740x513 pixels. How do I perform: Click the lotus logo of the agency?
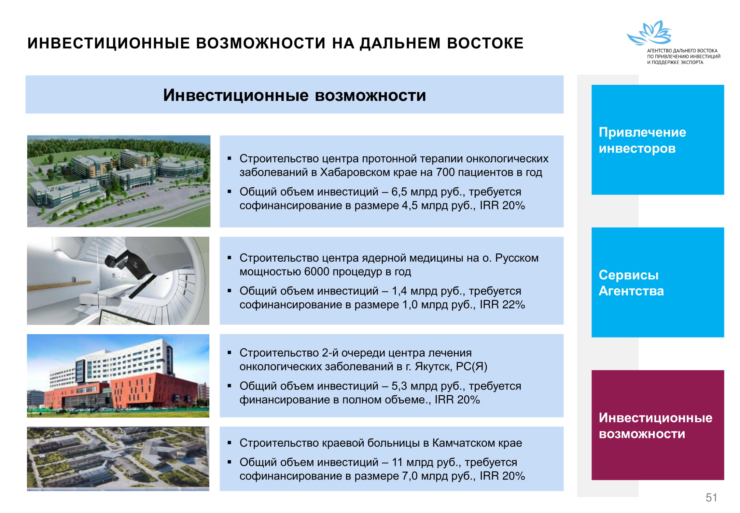point(649,33)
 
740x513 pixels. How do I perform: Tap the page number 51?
point(711,497)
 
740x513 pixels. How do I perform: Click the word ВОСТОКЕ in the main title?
point(485,43)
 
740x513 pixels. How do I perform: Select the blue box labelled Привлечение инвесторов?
point(658,140)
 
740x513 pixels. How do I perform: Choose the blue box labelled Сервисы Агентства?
point(658,282)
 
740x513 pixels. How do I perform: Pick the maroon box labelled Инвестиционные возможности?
point(658,425)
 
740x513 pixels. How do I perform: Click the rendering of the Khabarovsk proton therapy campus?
point(119,181)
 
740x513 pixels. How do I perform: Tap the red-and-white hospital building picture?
point(118,376)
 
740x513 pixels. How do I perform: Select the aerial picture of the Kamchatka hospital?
point(118,459)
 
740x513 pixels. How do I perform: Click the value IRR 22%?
point(502,304)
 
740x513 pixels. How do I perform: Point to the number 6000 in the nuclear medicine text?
point(317,272)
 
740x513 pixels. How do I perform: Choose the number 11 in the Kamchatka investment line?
point(397,462)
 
